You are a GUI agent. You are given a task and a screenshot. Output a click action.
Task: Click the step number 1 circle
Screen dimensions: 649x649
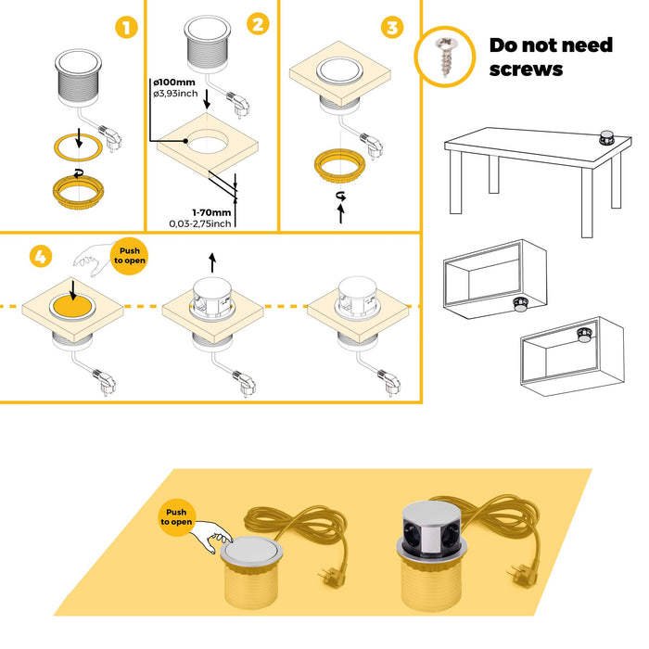[x=125, y=27]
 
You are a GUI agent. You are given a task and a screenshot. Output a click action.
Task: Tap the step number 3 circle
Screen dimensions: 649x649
[x=393, y=27]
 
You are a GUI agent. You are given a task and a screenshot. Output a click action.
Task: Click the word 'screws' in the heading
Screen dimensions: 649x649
[x=526, y=68]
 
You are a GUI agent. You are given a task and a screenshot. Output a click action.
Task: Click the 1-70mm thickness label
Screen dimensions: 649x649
[x=211, y=211]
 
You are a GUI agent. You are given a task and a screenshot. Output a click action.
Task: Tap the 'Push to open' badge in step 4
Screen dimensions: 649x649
[x=128, y=255]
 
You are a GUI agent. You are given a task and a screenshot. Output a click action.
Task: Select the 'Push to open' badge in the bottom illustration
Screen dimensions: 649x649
[x=178, y=516]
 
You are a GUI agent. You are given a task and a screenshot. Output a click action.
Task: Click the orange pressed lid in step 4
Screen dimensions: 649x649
[x=73, y=307]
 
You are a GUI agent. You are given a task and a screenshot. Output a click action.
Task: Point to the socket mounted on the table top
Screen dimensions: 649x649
[x=606, y=137]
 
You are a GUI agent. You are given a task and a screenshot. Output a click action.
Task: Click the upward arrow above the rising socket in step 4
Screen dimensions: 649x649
[x=212, y=262]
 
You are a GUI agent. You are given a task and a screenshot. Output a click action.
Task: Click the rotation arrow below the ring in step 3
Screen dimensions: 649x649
[x=341, y=196]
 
